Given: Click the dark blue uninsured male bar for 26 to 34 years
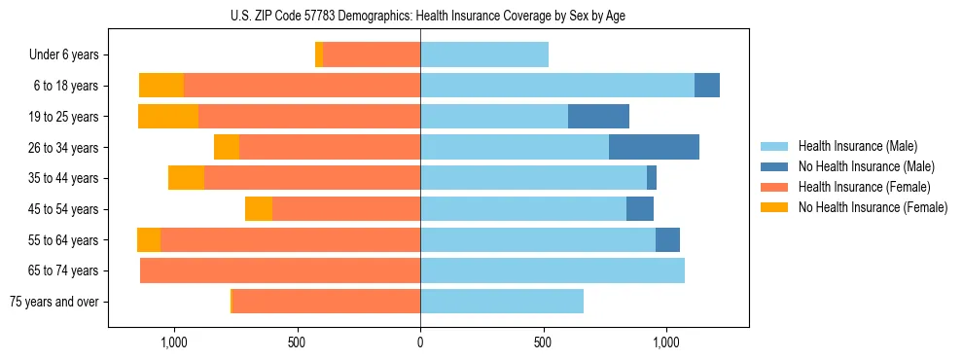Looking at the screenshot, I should [654, 147].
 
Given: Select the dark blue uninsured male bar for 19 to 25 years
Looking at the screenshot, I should [598, 117].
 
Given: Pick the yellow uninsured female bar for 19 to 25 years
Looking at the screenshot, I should [168, 117].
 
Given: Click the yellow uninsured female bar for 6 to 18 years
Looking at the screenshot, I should [161, 86].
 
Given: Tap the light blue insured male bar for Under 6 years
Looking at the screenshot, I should [484, 55].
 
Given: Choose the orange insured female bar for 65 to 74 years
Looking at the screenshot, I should [280, 270].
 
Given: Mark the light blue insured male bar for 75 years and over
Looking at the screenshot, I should [502, 302].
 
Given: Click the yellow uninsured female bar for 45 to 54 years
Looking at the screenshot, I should [259, 209].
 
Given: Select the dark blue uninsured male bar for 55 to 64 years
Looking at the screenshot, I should [667, 239].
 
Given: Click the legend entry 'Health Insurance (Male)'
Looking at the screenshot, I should [857, 146].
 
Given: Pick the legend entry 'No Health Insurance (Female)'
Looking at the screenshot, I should [873, 207].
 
